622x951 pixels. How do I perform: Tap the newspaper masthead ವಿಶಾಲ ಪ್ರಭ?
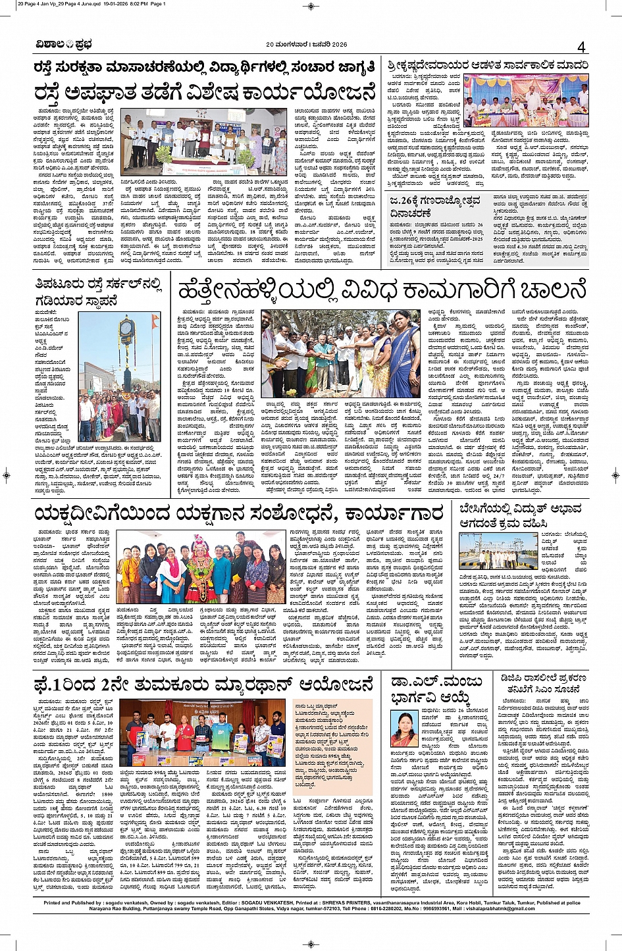tap(65, 45)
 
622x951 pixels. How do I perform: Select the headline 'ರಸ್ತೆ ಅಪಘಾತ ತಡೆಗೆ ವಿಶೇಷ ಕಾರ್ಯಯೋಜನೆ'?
tap(204, 92)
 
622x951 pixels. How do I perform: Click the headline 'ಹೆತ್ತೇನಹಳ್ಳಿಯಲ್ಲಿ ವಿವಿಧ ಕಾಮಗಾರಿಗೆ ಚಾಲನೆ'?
tap(382, 290)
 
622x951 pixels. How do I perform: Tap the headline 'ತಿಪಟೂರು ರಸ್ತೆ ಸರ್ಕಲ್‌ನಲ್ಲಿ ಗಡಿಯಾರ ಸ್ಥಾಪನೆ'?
tap(99, 292)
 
